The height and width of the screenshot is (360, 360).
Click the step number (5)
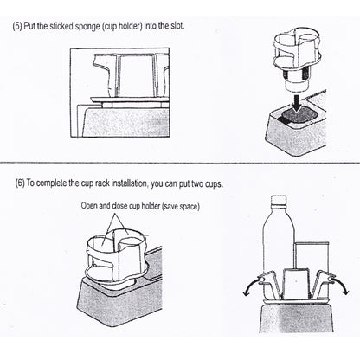pyautogui.click(x=17, y=26)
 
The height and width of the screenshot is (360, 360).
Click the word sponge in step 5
pyautogui.click(x=87, y=27)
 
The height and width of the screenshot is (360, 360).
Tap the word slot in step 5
pyautogui.click(x=177, y=26)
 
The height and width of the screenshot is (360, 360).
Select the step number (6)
pyautogui.click(x=20, y=183)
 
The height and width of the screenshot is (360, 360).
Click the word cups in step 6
pyautogui.click(x=214, y=183)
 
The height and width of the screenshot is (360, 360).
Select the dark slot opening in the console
pyautogui.click(x=299, y=116)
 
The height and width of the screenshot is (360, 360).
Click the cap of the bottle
pyautogui.click(x=279, y=200)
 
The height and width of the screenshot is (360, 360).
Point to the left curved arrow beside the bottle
pyautogui.click(x=250, y=286)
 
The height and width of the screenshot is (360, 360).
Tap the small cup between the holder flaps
pyautogui.click(x=296, y=284)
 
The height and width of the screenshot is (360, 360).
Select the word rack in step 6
pyautogui.click(x=100, y=183)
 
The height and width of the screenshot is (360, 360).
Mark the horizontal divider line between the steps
pyautogui.click(x=180, y=163)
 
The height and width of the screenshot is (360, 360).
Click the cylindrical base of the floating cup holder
pyautogui.click(x=298, y=84)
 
